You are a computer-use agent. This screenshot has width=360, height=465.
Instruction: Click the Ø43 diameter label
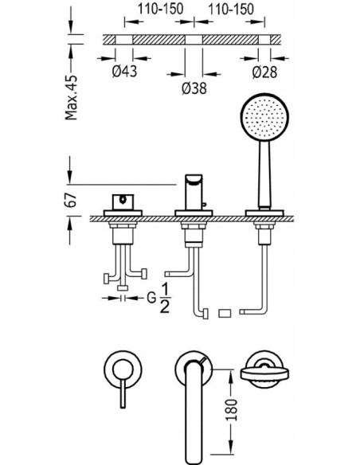pos(124,71)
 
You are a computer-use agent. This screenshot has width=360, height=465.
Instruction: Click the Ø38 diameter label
pos(194,88)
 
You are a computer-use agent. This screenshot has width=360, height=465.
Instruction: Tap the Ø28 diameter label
pos(264,72)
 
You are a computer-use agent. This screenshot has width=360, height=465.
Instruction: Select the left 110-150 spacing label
pos(160,9)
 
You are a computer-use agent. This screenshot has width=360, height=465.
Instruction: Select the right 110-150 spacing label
pos(231,9)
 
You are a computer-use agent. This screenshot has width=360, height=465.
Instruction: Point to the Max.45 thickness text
pos(72,98)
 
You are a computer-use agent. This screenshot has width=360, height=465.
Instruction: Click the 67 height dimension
pos(71,200)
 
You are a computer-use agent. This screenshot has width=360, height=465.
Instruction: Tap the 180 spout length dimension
pos(232,410)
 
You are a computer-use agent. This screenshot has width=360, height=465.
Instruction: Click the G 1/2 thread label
pos(159,298)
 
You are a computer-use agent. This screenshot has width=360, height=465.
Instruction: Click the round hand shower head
pos(264,117)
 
